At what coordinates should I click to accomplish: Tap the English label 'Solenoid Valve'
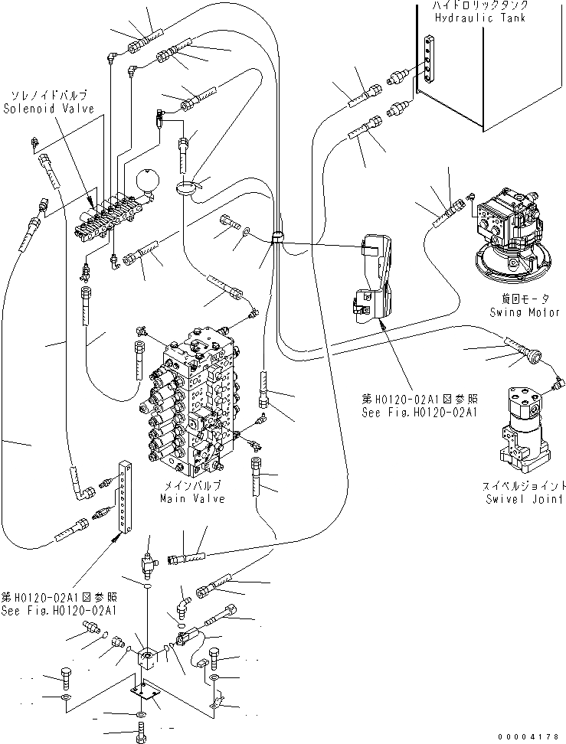48,109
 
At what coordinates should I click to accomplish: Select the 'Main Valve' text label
192,498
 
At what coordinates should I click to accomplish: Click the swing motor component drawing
509,233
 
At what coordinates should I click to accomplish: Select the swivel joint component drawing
522,429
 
